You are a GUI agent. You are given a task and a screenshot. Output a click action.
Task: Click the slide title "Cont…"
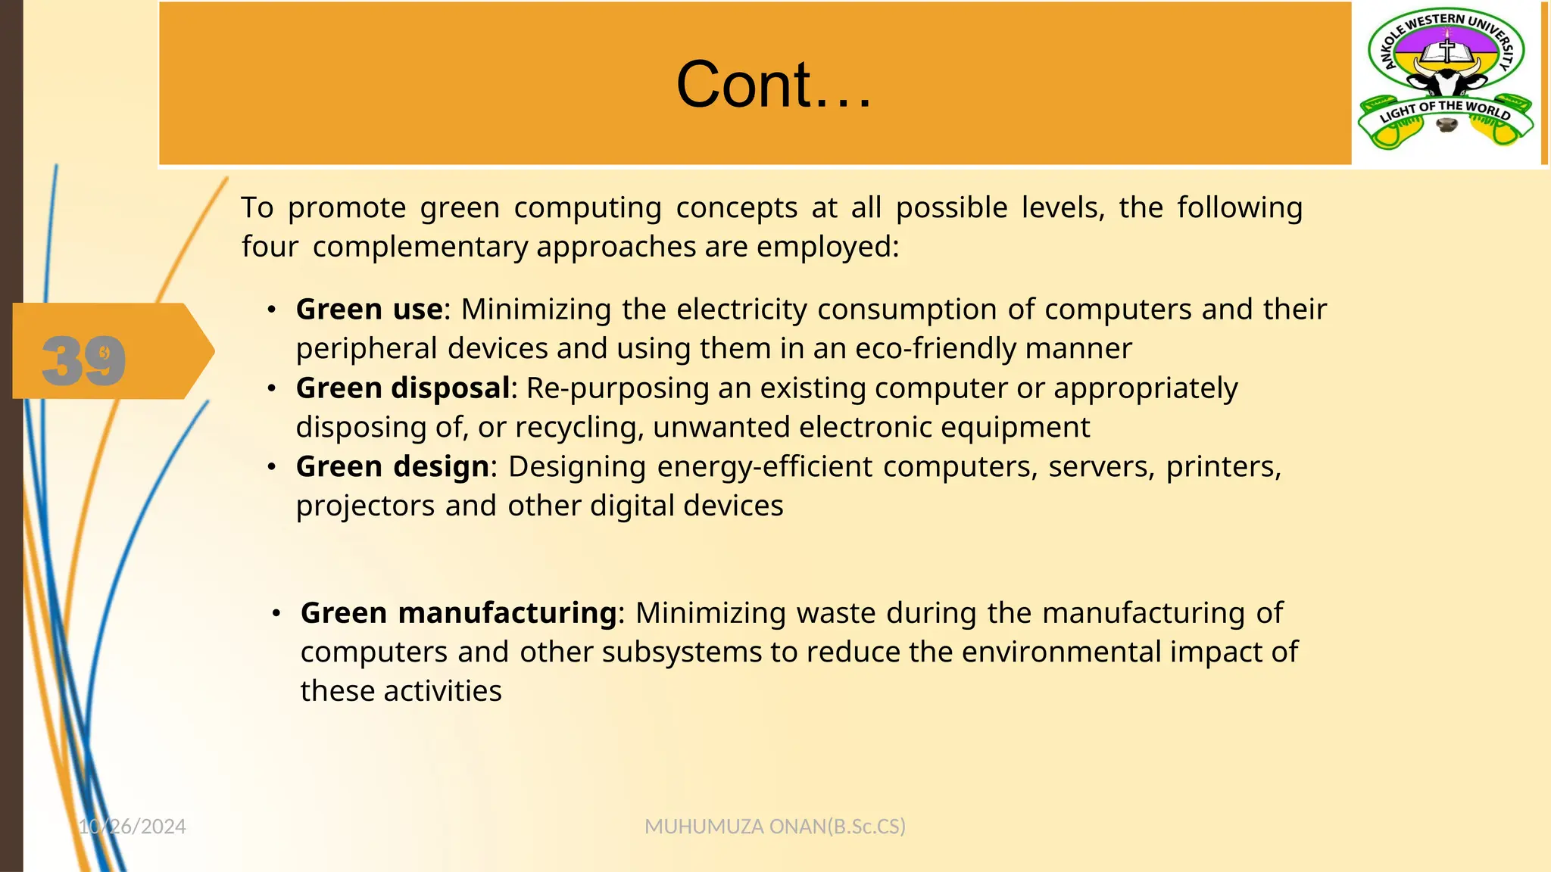(x=773, y=84)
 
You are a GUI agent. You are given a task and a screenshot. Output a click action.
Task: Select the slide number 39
(x=84, y=360)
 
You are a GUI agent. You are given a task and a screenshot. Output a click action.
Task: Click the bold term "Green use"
(x=369, y=310)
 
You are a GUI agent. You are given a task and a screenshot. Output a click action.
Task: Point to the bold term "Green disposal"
(x=403, y=388)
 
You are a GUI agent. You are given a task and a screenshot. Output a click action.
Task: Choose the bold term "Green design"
(x=392, y=467)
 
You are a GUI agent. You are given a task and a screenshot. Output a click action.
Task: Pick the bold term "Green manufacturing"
(x=458, y=613)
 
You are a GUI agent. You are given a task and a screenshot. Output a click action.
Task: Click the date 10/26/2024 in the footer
(x=133, y=827)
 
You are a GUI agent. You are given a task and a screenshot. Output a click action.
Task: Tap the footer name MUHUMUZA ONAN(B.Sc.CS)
(x=775, y=827)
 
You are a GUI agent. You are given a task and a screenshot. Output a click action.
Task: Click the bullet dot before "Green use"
(x=272, y=310)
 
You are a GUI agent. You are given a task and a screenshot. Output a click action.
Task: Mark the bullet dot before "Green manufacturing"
(x=277, y=613)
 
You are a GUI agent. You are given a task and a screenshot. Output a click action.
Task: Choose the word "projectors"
(x=365, y=506)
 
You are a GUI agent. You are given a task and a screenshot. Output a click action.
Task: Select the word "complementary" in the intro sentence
(x=420, y=248)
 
